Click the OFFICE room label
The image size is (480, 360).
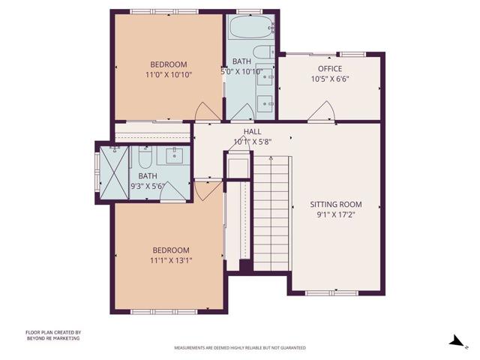click(329, 68)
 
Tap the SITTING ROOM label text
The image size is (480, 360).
click(336, 204)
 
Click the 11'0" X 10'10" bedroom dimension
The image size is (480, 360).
click(168, 74)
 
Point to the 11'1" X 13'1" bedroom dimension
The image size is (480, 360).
click(171, 260)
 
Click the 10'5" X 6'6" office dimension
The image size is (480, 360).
click(329, 78)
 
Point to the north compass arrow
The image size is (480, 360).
click(455, 341)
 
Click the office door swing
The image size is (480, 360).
click(322, 112)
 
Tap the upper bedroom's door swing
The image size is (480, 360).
click(206, 112)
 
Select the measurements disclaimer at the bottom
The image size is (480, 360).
click(240, 348)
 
